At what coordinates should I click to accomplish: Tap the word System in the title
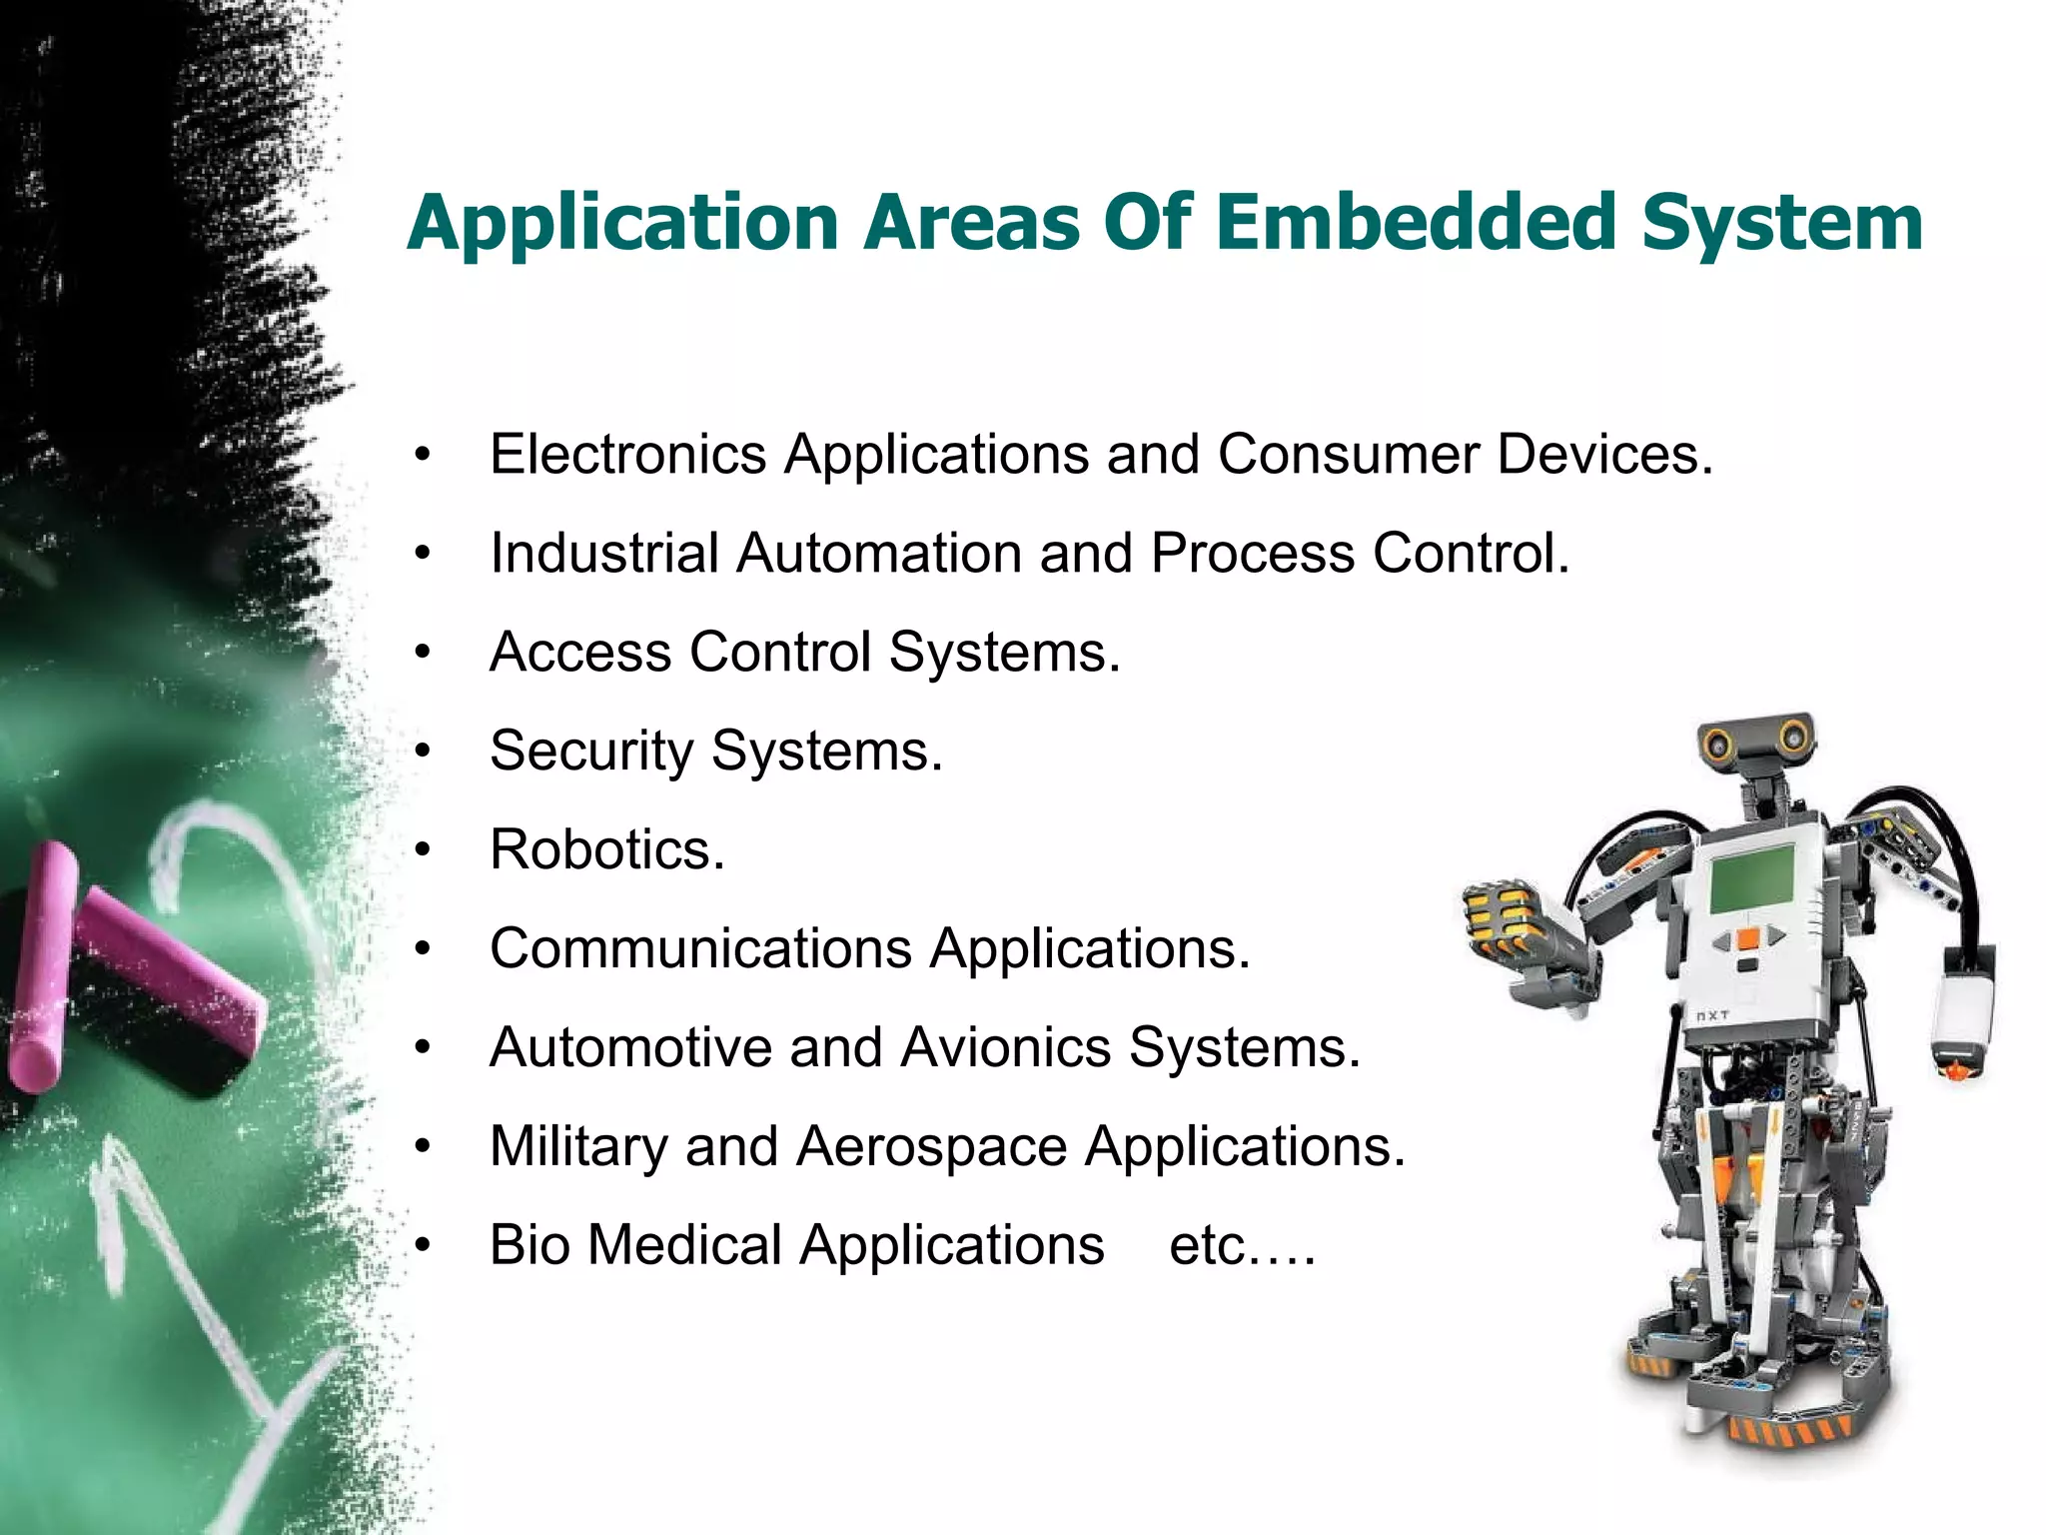[1782, 224]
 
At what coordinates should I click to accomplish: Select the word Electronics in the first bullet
[627, 455]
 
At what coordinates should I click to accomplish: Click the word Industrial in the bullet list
[603, 553]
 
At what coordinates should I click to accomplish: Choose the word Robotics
[606, 849]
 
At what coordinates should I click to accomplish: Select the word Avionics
[1005, 1047]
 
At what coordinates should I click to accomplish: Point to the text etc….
[1242, 1246]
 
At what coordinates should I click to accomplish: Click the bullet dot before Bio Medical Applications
[424, 1245]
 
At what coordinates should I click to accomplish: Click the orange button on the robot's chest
[1748, 939]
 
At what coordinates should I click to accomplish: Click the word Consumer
[1348, 455]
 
